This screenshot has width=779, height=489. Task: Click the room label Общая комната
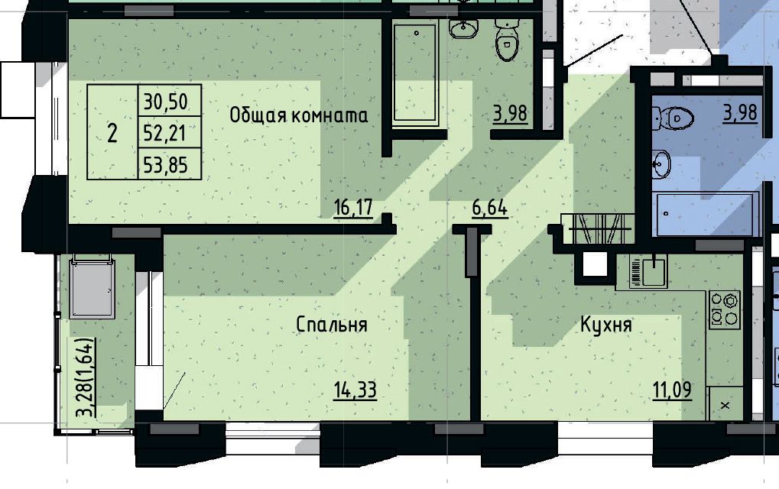tap(299, 115)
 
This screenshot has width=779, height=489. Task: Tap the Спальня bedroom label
tap(331, 324)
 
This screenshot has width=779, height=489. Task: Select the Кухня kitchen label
tap(606, 325)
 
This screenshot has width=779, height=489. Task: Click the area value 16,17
tap(353, 208)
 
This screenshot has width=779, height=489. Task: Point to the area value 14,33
tap(355, 390)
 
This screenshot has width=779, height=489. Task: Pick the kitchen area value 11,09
tap(672, 390)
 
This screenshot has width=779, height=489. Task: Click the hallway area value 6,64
tap(489, 208)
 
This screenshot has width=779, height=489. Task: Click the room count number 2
tap(112, 133)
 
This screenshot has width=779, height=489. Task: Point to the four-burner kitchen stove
tap(725, 309)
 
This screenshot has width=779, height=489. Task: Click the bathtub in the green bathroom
tap(415, 73)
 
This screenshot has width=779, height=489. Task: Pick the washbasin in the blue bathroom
tap(662, 164)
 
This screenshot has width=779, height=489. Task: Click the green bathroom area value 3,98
tap(510, 113)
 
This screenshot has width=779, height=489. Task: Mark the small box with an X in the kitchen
tap(725, 405)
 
